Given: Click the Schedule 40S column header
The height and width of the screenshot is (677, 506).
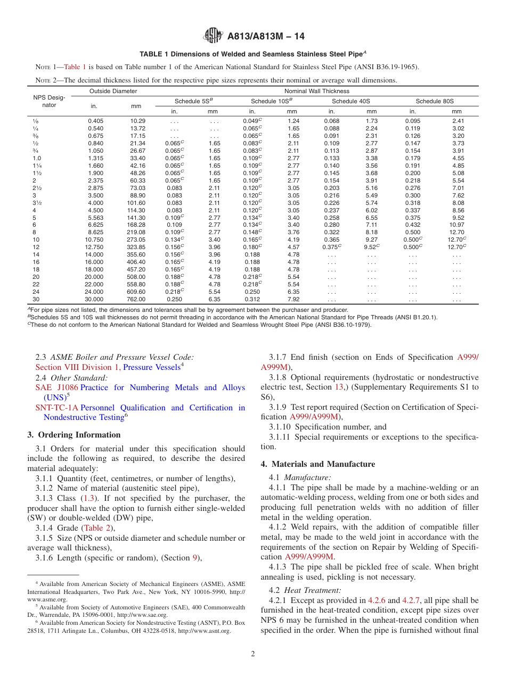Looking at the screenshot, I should click(x=351, y=101).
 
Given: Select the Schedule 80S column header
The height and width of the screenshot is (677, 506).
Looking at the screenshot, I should click(x=435, y=101).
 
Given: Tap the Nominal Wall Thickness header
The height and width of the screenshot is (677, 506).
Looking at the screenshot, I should click(x=317, y=91).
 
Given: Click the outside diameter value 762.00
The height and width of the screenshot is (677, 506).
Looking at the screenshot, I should click(x=136, y=299).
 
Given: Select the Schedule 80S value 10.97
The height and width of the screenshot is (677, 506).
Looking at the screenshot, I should click(x=456, y=225).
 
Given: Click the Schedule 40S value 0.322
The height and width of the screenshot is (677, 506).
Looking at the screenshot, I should click(x=331, y=233).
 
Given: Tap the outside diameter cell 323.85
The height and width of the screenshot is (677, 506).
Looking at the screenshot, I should click(x=136, y=247).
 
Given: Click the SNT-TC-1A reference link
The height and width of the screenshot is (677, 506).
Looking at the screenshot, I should click(x=56, y=408).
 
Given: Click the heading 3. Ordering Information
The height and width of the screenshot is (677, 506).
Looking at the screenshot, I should click(x=74, y=435).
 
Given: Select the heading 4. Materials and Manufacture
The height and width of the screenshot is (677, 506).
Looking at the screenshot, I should click(x=318, y=464).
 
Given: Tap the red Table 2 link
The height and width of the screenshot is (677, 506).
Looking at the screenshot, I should click(x=96, y=528).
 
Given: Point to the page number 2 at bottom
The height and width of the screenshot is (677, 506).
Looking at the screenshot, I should click(x=253, y=654).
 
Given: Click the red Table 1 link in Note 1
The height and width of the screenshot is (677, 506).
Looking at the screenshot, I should click(x=75, y=67).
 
